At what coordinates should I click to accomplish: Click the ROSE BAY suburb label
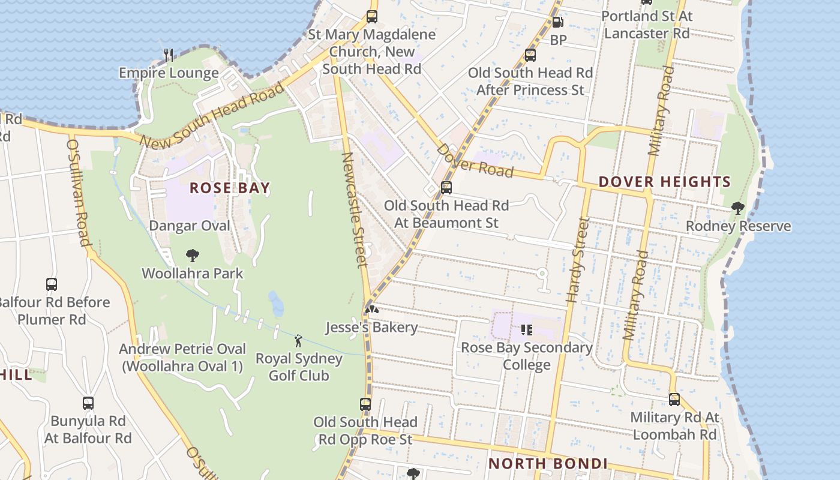pyautogui.click(x=230, y=188)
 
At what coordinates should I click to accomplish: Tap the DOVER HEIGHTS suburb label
pyautogui.click(x=665, y=182)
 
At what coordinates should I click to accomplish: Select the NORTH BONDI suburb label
pyautogui.click(x=548, y=463)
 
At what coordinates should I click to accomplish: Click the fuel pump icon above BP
pyautogui.click(x=557, y=23)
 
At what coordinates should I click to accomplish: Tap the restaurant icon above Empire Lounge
pyautogui.click(x=169, y=55)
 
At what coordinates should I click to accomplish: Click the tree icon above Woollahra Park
pyautogui.click(x=192, y=256)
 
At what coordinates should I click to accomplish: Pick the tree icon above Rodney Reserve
pyautogui.click(x=737, y=208)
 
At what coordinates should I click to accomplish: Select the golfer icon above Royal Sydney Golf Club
pyautogui.click(x=298, y=341)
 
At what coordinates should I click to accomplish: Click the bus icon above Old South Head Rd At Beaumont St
pyautogui.click(x=446, y=188)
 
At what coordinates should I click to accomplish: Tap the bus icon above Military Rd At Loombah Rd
pyautogui.click(x=674, y=400)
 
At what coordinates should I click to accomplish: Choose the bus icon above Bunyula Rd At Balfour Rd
pyautogui.click(x=88, y=403)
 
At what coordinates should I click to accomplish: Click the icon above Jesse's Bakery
pyautogui.click(x=371, y=310)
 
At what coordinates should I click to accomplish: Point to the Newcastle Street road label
pyautogui.click(x=354, y=209)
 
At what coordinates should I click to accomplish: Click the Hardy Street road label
pyautogui.click(x=575, y=260)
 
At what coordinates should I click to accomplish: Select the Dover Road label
pyautogui.click(x=475, y=161)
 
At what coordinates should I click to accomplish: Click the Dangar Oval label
pyautogui.click(x=190, y=226)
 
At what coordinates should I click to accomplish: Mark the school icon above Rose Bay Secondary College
pyautogui.click(x=526, y=329)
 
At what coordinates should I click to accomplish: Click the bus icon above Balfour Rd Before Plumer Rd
pyautogui.click(x=52, y=284)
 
